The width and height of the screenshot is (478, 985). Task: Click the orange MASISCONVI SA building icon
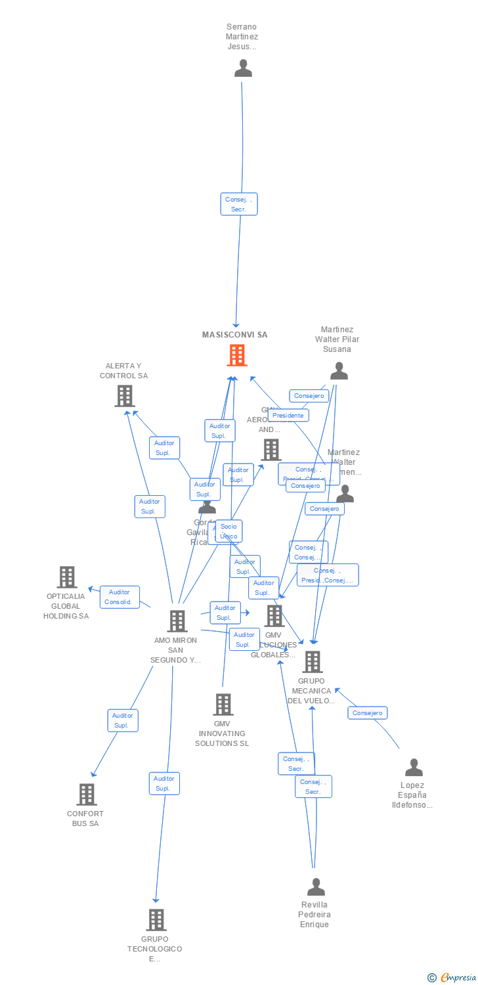point(237,355)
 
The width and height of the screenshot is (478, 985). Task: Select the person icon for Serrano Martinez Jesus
point(243,68)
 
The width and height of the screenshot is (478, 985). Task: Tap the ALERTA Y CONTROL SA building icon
point(125,396)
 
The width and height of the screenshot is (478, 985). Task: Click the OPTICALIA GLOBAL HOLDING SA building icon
point(67,577)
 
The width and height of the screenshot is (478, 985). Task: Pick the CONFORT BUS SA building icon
point(87,795)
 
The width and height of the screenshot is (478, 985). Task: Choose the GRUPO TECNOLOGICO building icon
point(156,920)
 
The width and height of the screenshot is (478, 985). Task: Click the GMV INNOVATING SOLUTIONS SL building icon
point(223,705)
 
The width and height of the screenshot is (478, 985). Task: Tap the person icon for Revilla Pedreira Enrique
point(316,887)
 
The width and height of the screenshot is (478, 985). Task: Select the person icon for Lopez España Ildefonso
point(414,768)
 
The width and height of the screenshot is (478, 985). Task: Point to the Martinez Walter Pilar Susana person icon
point(339,371)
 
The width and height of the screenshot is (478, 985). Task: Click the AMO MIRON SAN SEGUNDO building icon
point(177,621)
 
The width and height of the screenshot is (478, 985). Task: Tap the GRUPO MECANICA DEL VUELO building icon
point(313,662)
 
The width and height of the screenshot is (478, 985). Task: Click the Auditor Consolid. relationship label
point(119,597)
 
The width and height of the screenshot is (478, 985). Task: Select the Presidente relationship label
point(288,415)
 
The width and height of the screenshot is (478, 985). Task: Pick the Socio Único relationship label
point(228,531)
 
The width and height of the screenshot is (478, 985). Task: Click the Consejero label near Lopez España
point(367,712)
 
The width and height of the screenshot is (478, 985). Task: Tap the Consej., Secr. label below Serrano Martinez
point(238,204)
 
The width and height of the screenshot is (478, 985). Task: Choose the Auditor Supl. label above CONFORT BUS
point(123,720)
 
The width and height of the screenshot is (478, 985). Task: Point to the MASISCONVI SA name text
point(234,335)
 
